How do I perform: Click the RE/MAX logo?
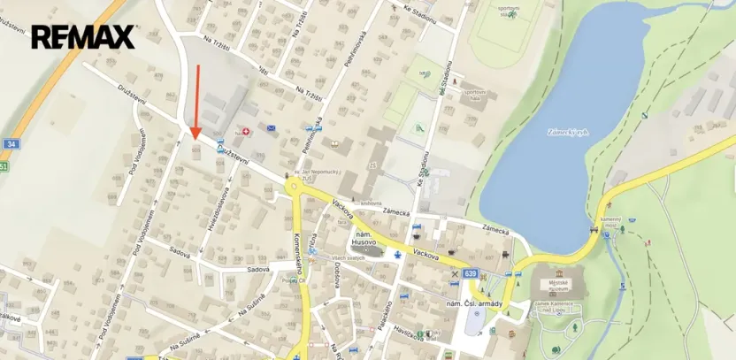click(82, 37)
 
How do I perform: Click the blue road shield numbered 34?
click(11, 143)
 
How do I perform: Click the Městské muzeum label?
click(556, 285)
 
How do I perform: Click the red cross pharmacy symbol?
click(247, 131)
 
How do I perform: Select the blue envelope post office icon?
click(271, 129)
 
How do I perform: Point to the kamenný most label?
click(609, 220)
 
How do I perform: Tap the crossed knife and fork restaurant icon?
click(455, 274)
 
